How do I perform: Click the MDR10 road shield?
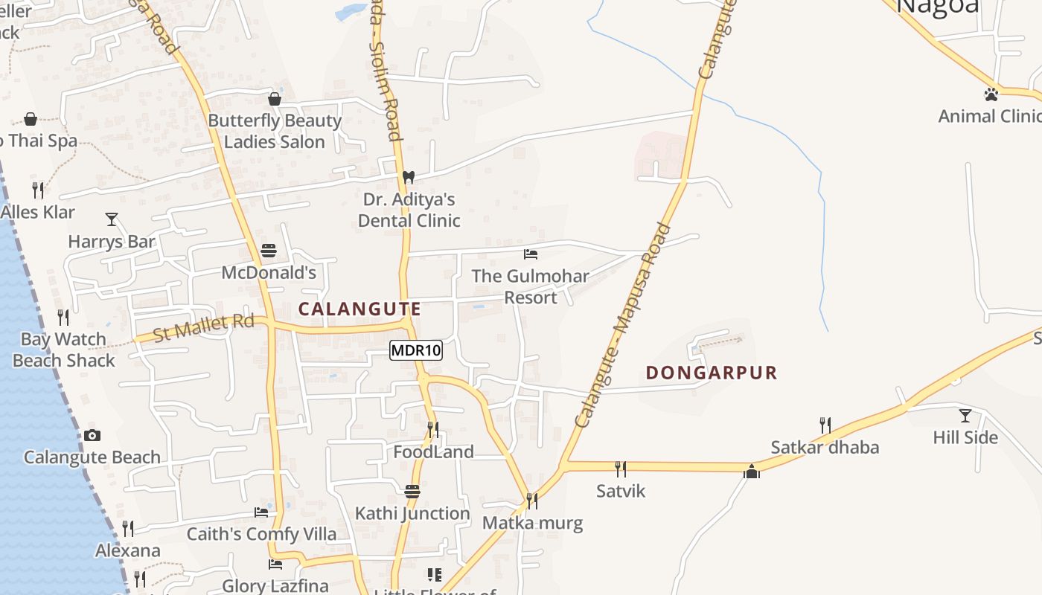(416, 350)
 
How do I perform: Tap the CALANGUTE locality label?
(359, 309)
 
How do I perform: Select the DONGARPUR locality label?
(711, 373)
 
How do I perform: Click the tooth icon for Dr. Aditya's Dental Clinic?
(408, 178)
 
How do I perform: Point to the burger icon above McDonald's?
(269, 250)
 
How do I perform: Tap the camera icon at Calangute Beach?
(92, 435)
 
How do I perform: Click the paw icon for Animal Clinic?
(991, 94)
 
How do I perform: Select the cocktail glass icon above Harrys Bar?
(112, 219)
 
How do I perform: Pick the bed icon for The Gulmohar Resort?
(531, 254)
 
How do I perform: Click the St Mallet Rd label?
(203, 327)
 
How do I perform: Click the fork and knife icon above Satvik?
(621, 469)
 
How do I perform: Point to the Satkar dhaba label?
(825, 448)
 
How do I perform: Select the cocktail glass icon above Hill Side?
(965, 415)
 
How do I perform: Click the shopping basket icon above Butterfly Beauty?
(275, 99)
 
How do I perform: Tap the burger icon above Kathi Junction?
(412, 491)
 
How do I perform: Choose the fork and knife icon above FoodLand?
(433, 429)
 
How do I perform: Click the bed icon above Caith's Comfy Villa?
(261, 512)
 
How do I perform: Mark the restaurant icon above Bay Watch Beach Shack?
(63, 318)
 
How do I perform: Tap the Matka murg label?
(532, 523)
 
